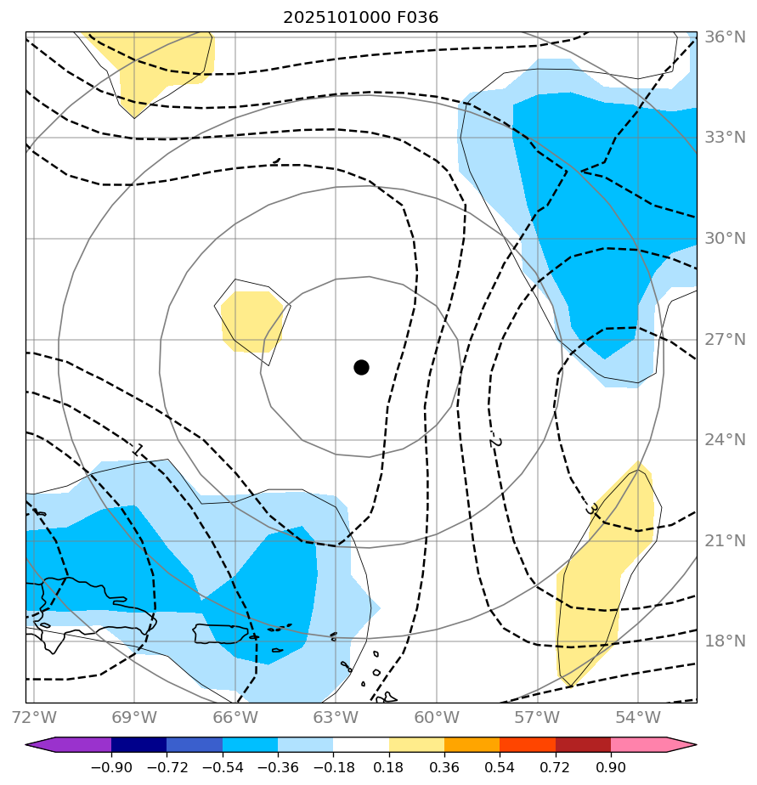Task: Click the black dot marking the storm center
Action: click(361, 367)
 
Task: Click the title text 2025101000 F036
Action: click(361, 17)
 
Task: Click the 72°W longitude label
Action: click(33, 716)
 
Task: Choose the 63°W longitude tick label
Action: click(336, 716)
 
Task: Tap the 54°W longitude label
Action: click(638, 716)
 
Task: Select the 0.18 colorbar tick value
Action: click(389, 767)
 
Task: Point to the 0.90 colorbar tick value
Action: click(611, 767)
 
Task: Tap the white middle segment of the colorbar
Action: click(361, 745)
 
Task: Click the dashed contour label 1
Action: click(138, 449)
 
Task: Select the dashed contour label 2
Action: click(496, 439)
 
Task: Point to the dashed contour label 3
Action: click(592, 509)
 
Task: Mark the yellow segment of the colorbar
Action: click(416, 745)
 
